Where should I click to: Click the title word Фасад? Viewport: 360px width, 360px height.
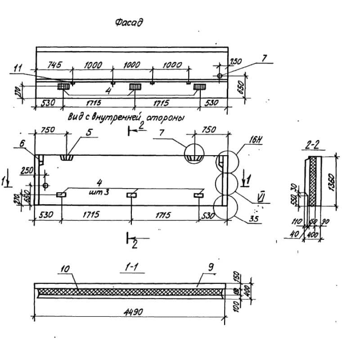pos(129,23)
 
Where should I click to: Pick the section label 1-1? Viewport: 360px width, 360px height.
pos(130,268)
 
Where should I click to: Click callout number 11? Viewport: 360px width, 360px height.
pos(18,68)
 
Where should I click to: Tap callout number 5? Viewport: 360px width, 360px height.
pos(89,132)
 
